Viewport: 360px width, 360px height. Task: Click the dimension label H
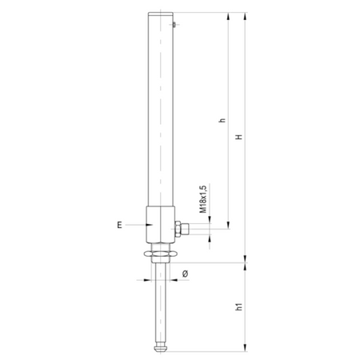[239, 137]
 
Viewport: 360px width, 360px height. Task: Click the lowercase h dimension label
[222, 120]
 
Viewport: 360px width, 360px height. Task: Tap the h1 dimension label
[239, 306]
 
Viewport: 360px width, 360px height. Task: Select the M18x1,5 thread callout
[203, 198]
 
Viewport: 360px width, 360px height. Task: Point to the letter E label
[120, 225]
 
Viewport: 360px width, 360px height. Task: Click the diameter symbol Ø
[185, 274]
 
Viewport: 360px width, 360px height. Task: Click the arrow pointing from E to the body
[139, 225]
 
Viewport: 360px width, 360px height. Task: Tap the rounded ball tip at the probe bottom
[160, 348]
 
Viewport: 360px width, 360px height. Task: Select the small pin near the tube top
[174, 25]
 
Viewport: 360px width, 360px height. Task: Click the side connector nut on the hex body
[182, 229]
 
